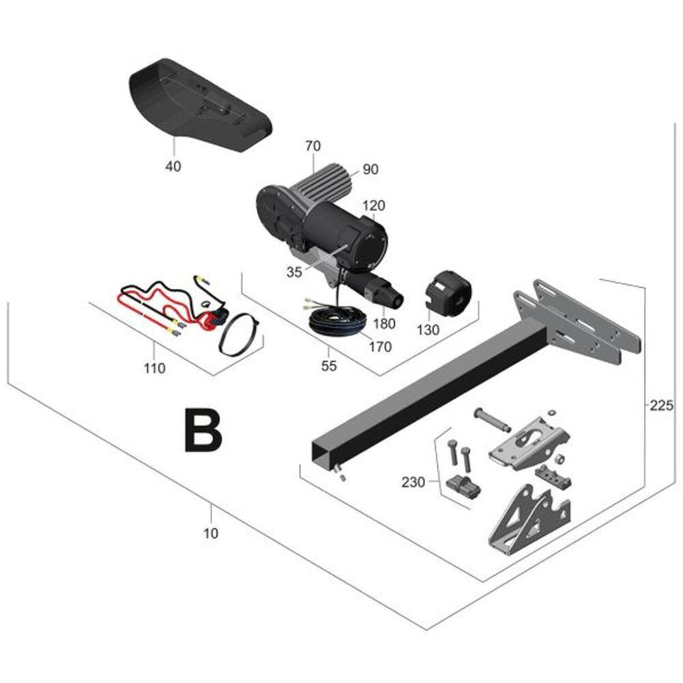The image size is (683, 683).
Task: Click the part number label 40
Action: (173, 166)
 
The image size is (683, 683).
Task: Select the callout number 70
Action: (313, 145)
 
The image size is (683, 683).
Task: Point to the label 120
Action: (374, 205)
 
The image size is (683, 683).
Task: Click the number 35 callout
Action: (294, 271)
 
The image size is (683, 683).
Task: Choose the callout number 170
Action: (380, 347)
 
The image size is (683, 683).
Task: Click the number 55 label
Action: (329, 366)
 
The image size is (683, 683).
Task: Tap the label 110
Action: (155, 369)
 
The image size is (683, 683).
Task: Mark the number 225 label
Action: (661, 406)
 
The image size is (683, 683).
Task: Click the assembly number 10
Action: (212, 533)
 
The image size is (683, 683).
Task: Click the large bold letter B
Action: (203, 430)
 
